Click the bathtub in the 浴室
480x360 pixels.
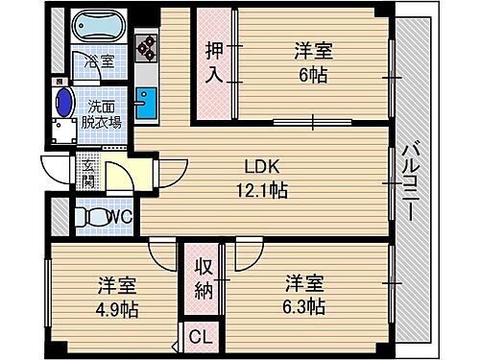pos(101,28)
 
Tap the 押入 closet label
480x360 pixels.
pos(214,63)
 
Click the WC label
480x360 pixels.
pos(119,217)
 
